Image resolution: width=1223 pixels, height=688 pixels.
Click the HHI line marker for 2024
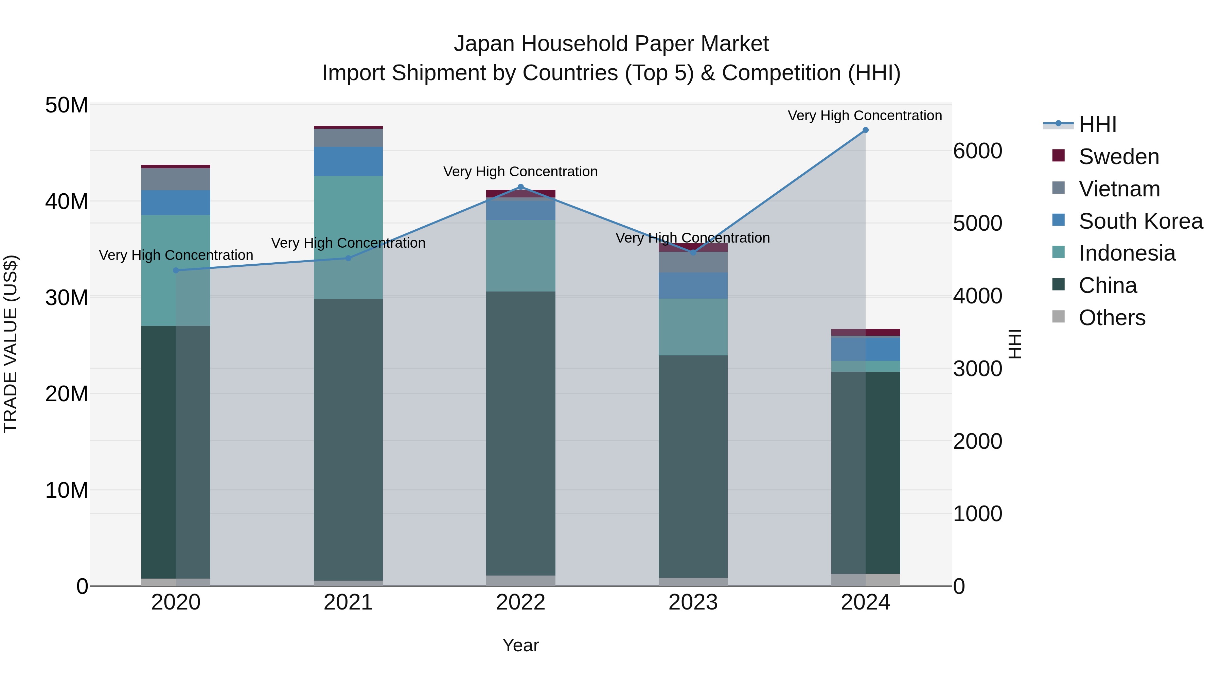click(865, 130)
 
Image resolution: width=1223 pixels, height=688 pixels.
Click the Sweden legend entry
click(1119, 157)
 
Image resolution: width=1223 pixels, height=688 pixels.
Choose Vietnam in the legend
click(1119, 189)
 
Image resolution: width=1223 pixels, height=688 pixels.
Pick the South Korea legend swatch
click(1058, 220)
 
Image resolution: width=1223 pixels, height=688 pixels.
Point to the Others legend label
click(1112, 318)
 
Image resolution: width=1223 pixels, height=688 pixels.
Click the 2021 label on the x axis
click(348, 602)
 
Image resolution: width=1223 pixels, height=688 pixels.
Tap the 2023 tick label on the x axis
click(693, 602)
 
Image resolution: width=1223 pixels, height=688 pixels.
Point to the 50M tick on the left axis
click(67, 105)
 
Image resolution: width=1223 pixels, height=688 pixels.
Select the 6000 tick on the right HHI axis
click(977, 151)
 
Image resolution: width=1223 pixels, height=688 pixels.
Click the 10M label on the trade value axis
click(67, 490)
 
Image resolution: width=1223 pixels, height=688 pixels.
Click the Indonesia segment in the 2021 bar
click(348, 237)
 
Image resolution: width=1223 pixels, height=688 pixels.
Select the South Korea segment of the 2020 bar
click(176, 203)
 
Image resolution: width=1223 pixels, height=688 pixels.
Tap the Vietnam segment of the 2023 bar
click(693, 262)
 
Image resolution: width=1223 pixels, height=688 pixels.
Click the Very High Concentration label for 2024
click(865, 116)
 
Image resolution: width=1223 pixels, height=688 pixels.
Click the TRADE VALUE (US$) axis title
click(11, 344)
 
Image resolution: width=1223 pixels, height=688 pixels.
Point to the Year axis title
click(520, 645)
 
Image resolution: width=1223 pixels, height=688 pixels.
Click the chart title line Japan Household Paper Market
click(611, 44)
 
